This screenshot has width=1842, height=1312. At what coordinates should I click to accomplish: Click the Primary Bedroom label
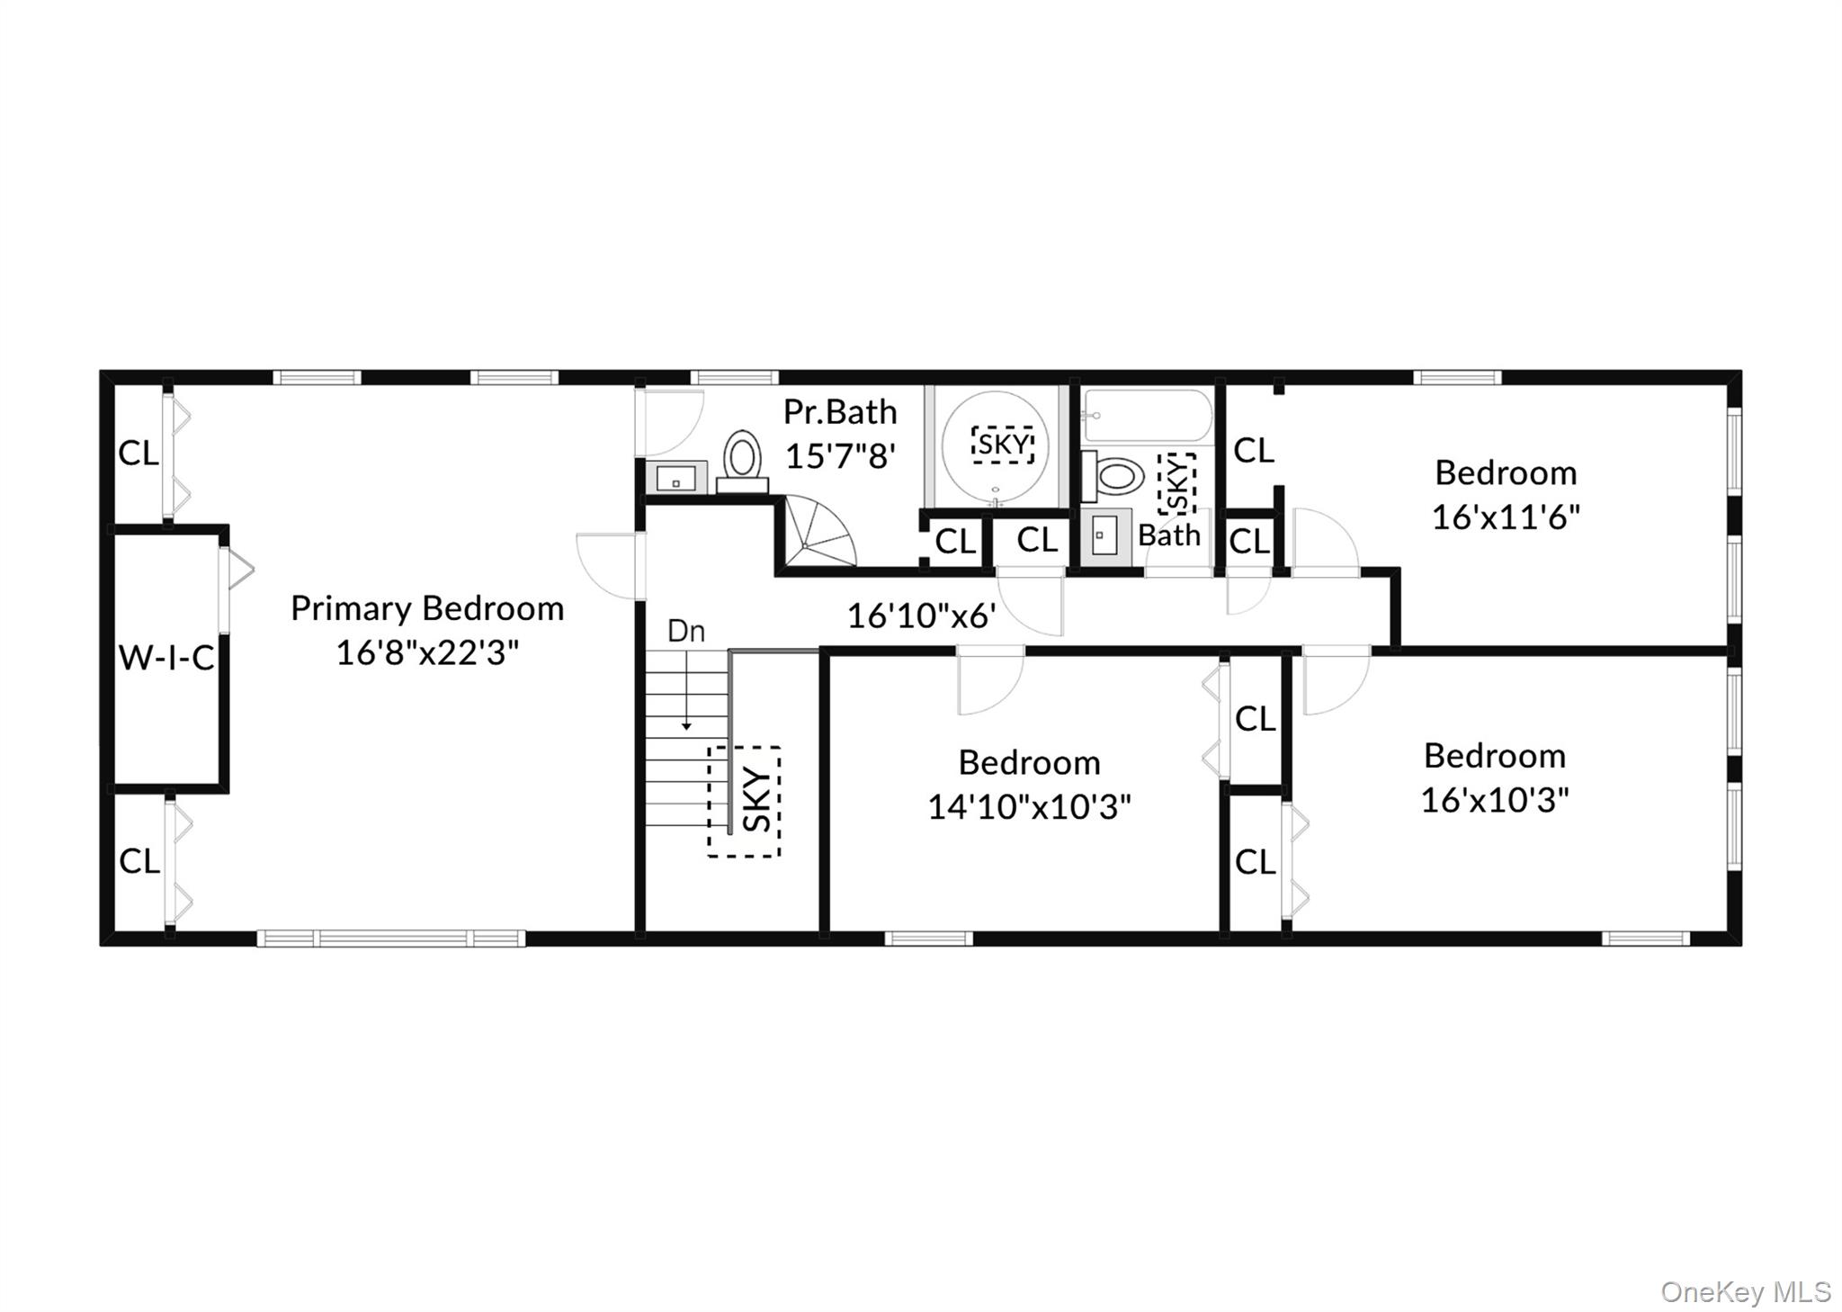click(x=427, y=609)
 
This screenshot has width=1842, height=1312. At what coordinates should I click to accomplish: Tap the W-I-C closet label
click(x=166, y=659)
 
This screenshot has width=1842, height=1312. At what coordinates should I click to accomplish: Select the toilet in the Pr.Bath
click(x=742, y=461)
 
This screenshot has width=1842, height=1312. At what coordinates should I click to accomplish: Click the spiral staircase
click(x=815, y=535)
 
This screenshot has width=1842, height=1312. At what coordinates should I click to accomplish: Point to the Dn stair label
click(x=685, y=632)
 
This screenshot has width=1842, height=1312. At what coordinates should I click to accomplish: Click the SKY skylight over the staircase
click(x=744, y=801)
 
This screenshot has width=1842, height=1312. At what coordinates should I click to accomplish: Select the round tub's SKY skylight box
click(x=1002, y=445)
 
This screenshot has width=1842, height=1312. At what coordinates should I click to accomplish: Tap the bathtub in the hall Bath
click(x=1147, y=416)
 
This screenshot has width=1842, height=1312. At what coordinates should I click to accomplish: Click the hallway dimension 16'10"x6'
click(x=921, y=616)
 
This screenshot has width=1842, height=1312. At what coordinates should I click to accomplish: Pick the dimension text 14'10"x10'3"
click(x=1029, y=807)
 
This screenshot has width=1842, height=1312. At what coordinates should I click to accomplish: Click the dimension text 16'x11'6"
click(x=1506, y=517)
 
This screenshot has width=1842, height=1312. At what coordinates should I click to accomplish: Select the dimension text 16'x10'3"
click(x=1494, y=800)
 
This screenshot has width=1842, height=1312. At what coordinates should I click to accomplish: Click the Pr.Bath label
click(x=840, y=412)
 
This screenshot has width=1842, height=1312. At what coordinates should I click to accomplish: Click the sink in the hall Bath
click(x=1105, y=536)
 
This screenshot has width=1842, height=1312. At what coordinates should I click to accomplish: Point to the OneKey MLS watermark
click(x=1745, y=1292)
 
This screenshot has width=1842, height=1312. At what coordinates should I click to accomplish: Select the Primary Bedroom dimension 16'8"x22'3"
click(x=427, y=653)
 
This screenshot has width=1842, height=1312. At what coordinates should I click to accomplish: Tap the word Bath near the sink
click(x=1169, y=535)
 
